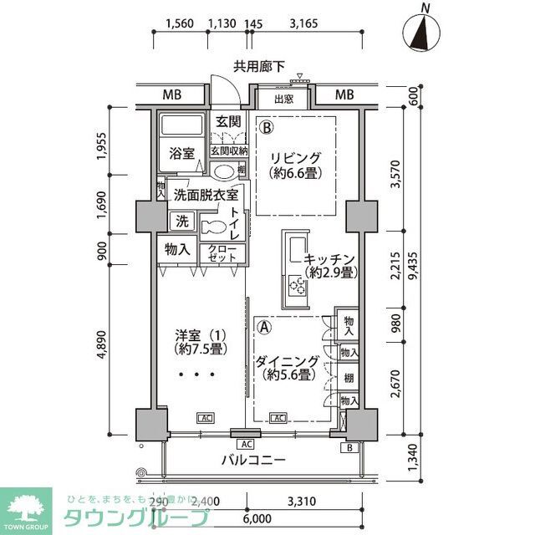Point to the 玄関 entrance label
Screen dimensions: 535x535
(228, 122)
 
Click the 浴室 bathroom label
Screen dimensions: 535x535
(182, 154)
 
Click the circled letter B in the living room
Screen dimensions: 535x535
(265, 129)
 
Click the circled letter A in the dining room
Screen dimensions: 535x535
(264, 328)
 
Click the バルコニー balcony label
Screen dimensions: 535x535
(253, 460)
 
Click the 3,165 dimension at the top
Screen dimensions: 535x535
(303, 24)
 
